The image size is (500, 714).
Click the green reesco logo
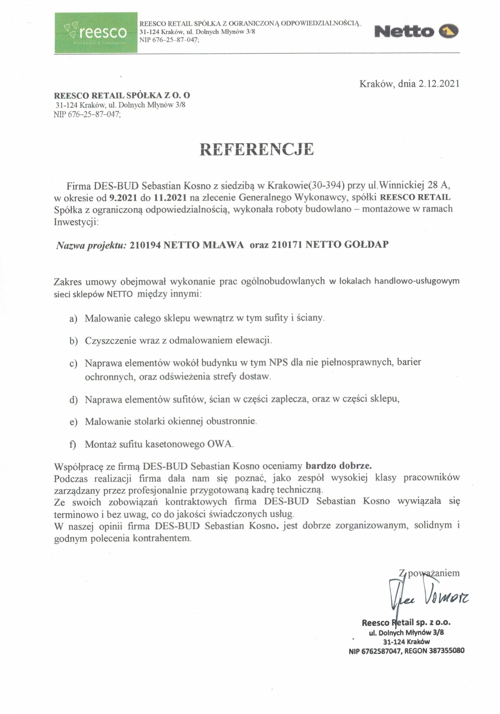[x=96, y=32]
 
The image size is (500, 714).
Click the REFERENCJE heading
[x=256, y=149]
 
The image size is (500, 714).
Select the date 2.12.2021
[x=438, y=84]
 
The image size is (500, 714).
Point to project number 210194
[x=145, y=245]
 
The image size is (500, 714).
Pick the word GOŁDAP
[x=366, y=244]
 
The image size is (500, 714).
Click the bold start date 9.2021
[x=123, y=197]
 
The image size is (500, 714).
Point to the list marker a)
[x=73, y=319]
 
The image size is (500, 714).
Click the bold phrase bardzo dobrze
[x=338, y=466]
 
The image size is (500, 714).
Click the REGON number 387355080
[x=447, y=651]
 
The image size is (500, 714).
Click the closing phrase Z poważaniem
[x=429, y=573]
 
